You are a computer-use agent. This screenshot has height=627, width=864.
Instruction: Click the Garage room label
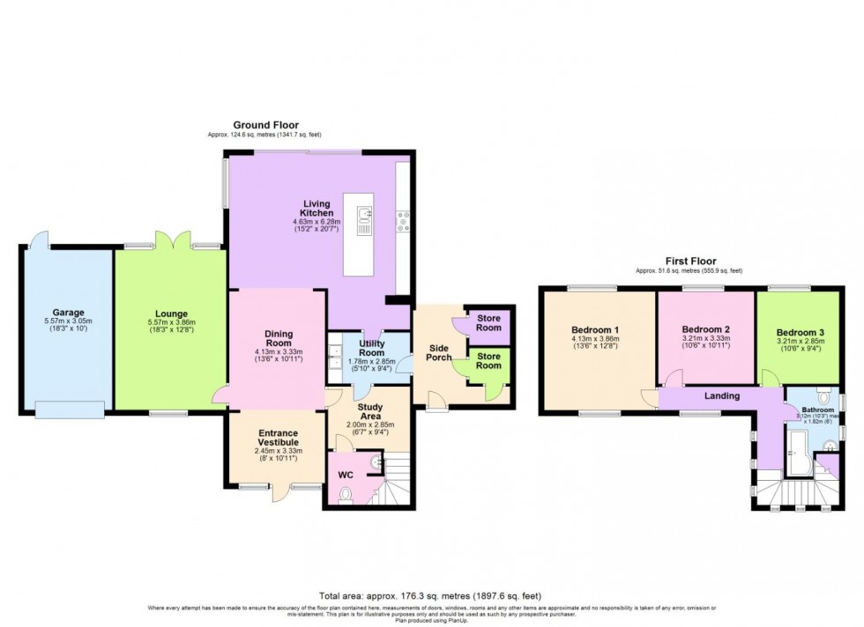67,312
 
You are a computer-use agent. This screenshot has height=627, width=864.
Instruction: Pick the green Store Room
488,360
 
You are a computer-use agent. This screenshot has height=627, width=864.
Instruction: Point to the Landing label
720,396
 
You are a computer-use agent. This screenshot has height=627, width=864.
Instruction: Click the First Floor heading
690,262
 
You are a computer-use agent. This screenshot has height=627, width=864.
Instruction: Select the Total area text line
432,595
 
